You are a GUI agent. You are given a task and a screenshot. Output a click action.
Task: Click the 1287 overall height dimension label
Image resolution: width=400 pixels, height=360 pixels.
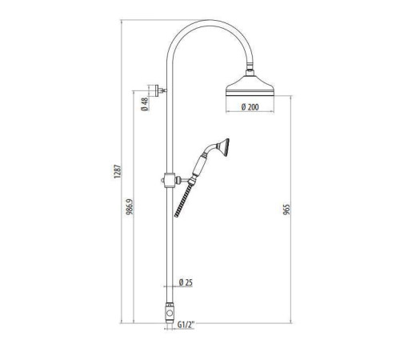coord(118,171)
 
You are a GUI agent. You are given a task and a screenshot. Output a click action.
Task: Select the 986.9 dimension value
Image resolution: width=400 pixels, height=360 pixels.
coord(130,207)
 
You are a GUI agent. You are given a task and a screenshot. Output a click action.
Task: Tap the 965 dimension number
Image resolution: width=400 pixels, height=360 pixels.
coord(286,210)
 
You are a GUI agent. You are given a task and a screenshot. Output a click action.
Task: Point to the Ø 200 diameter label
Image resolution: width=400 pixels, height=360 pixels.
coord(250,107)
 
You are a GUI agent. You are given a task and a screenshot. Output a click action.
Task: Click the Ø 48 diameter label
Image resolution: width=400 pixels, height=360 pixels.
coord(145,104)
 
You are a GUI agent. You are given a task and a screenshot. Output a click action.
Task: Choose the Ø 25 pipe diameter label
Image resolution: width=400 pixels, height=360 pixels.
coord(186,282)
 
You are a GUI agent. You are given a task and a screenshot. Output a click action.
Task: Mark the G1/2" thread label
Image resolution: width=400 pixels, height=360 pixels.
coord(186,325)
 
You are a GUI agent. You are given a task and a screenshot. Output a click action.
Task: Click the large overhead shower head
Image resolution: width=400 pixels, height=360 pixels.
coord(250,86)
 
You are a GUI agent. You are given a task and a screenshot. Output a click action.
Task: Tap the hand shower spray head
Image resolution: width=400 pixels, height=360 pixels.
coord(223,147)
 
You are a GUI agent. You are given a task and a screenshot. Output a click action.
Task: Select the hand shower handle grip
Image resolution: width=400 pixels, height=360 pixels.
coord(198,166)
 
